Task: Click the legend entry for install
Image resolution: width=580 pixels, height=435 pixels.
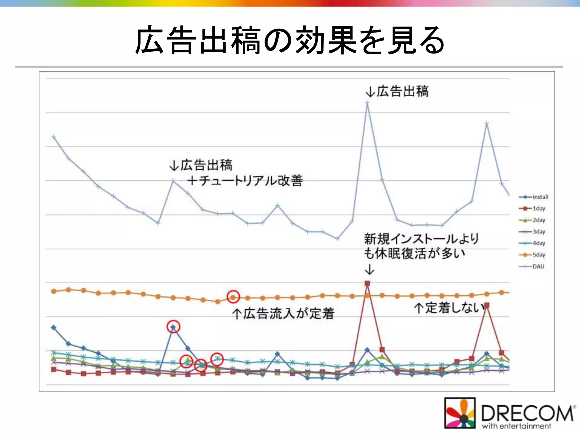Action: click(x=534, y=197)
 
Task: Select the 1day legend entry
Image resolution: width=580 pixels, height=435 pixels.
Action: click(x=532, y=208)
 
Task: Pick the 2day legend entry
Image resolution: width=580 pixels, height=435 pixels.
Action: click(x=532, y=220)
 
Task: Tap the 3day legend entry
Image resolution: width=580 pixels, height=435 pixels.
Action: click(x=532, y=232)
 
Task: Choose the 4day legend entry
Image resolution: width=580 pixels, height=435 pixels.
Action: click(x=532, y=243)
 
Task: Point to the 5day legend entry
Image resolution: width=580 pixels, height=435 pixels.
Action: click(x=532, y=255)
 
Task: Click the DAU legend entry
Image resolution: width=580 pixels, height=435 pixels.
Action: click(x=532, y=266)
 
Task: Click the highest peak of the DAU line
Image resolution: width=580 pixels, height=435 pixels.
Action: click(x=367, y=103)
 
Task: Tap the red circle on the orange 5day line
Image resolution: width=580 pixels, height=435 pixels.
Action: click(x=233, y=297)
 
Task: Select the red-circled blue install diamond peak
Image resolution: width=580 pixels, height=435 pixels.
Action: click(x=173, y=327)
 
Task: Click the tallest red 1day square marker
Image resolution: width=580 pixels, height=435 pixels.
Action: click(x=367, y=283)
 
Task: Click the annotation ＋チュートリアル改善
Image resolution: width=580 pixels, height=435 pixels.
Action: click(x=245, y=180)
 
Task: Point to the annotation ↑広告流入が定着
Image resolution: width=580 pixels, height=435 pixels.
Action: click(x=283, y=314)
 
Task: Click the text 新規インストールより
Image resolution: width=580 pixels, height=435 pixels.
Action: click(x=421, y=239)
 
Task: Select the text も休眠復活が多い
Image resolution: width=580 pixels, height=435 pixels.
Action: click(x=414, y=253)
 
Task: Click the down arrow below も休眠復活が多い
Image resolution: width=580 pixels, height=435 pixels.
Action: click(x=369, y=269)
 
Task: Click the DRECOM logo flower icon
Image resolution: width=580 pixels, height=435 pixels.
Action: click(x=460, y=412)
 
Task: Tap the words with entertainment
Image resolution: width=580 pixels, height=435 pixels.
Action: click(x=516, y=426)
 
